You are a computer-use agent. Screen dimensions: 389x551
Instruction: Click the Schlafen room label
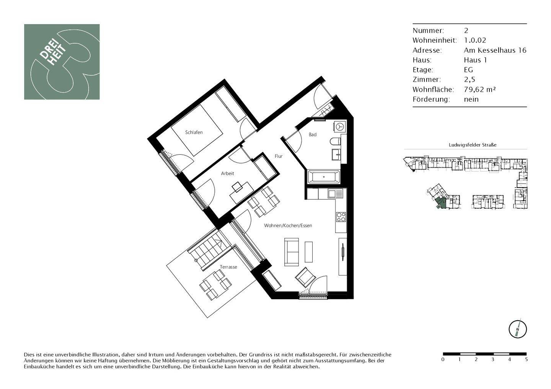[194, 133]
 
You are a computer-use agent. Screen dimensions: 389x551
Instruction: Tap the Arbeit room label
[227, 173]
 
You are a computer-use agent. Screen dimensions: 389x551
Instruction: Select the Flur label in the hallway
[279, 156]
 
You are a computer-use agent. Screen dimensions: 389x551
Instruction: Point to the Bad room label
[313, 135]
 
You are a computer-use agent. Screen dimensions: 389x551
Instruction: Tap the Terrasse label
[228, 267]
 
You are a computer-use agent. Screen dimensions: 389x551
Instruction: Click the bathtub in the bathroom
[324, 177]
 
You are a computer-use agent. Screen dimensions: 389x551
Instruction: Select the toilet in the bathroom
[336, 142]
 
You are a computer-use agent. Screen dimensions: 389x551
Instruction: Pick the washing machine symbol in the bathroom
[339, 126]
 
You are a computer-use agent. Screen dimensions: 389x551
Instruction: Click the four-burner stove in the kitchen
[341, 217]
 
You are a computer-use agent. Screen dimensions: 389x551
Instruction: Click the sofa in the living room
[291, 252]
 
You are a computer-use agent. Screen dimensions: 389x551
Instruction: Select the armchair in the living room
[305, 277]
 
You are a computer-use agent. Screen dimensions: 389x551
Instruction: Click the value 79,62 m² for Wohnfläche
[480, 89]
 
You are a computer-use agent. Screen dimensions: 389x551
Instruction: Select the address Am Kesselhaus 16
[495, 50]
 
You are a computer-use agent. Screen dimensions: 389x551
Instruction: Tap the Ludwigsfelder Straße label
[472, 145]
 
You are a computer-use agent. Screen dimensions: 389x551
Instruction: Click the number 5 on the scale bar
[527, 360]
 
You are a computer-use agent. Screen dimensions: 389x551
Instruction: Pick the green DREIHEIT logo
[62, 62]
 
